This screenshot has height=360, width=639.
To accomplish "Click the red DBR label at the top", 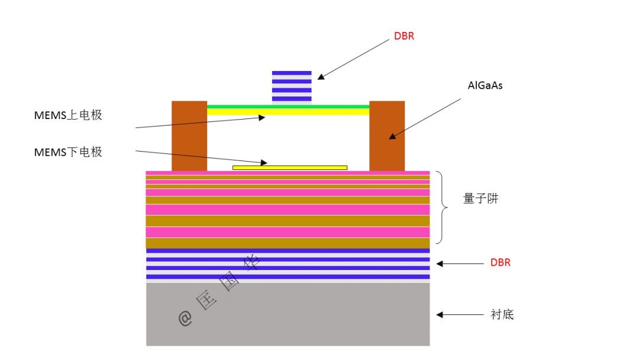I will click(404, 36).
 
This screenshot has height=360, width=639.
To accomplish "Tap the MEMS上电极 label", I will click(68, 115).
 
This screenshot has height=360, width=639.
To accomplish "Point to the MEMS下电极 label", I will click(68, 152).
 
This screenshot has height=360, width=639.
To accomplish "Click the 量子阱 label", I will click(480, 199).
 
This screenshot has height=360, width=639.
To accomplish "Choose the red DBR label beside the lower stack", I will click(500, 262).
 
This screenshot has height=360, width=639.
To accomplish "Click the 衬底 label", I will click(502, 314).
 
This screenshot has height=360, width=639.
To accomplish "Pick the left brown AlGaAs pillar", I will click(189, 136).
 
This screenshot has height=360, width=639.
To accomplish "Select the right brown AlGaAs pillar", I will click(387, 136).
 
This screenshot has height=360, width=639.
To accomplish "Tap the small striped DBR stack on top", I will click(291, 86).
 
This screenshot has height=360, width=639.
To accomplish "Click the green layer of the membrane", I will click(288, 107).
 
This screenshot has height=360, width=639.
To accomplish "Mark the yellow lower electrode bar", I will click(290, 168).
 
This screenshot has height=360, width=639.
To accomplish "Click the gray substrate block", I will click(288, 314).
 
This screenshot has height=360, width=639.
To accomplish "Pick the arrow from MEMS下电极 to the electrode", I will click(201, 157).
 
